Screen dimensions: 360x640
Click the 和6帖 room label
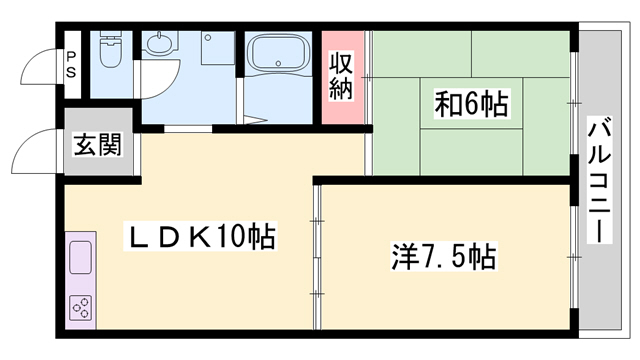(471, 103)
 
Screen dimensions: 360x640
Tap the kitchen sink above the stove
(80, 260)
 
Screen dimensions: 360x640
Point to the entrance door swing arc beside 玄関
(30, 150)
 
